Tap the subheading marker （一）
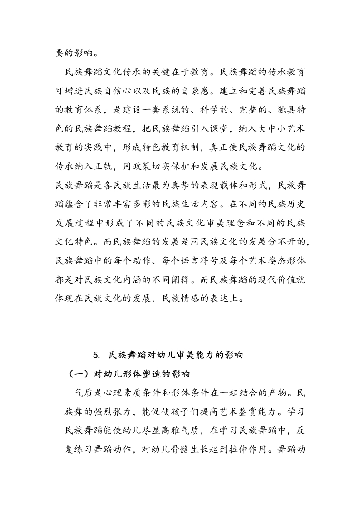click(79, 374)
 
